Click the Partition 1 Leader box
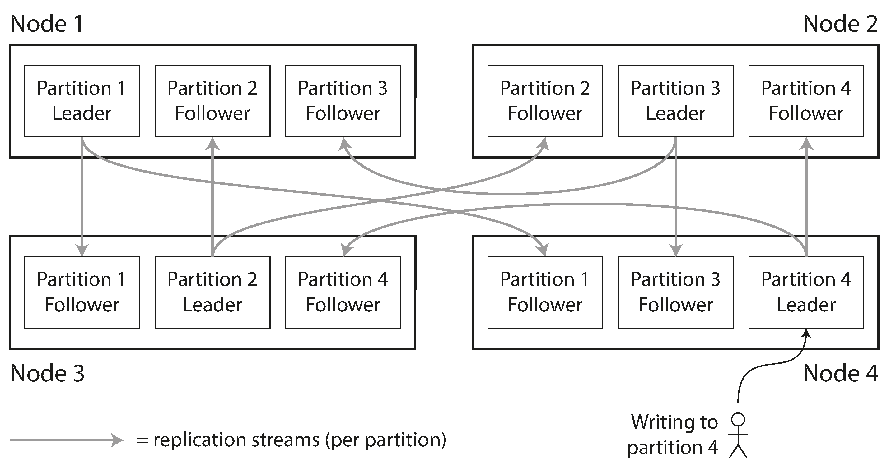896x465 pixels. pyautogui.click(x=82, y=101)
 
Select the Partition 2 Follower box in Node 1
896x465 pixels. pyautogui.click(x=212, y=101)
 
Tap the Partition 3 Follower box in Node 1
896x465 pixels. pyautogui.click(x=343, y=101)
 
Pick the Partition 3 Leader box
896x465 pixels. pyautogui.click(x=675, y=101)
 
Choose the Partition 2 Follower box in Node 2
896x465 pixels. pyautogui.click(x=545, y=101)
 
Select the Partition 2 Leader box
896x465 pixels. pyautogui.click(x=212, y=292)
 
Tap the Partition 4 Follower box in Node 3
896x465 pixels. pyautogui.click(x=343, y=292)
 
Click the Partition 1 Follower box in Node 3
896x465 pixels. pyautogui.click(x=82, y=292)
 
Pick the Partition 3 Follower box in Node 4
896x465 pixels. pyautogui.click(x=675, y=292)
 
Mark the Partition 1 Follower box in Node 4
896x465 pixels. pyautogui.click(x=545, y=292)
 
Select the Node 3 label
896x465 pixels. pyautogui.click(x=47, y=373)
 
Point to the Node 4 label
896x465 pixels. pyautogui.click(x=840, y=373)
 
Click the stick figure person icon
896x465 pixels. pyautogui.click(x=738, y=435)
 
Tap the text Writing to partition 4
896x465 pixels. pyautogui.click(x=673, y=435)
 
